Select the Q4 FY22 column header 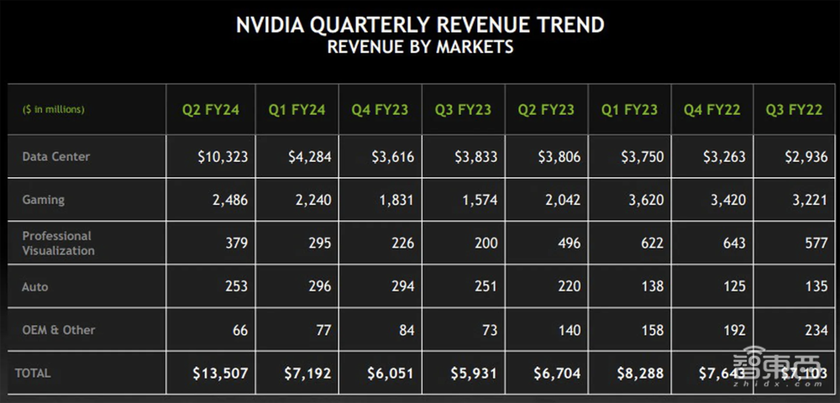coord(712,109)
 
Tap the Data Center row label coord(56,156)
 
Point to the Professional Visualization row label coord(58,243)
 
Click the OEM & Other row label coord(59,330)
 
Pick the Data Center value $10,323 coord(220,157)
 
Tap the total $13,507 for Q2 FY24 coord(220,374)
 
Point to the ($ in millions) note coord(53,109)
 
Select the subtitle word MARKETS coord(475,46)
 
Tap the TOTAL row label coord(33,373)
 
